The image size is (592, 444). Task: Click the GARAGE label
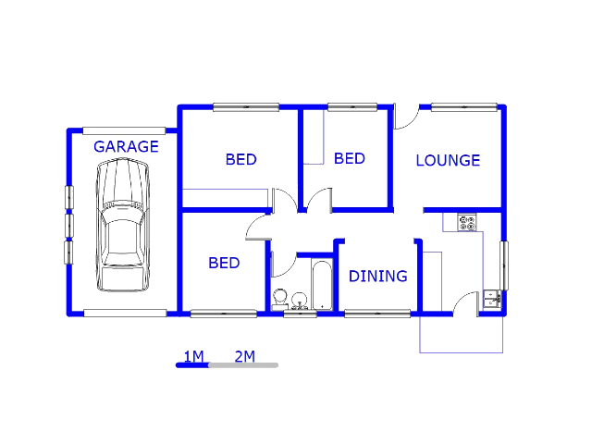[x=126, y=146]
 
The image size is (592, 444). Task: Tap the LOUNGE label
[x=448, y=160]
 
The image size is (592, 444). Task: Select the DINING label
[x=378, y=277]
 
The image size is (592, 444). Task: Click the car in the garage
[x=122, y=225]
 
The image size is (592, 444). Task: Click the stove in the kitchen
[x=467, y=222]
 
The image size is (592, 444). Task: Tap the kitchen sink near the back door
[x=492, y=299]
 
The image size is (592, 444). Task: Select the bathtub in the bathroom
[x=322, y=285]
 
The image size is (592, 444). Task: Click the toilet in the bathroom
[x=279, y=299]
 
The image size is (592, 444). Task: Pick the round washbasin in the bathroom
[x=300, y=301]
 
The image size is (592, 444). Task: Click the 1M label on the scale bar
[x=193, y=356]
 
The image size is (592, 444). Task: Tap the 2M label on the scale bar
[x=245, y=356]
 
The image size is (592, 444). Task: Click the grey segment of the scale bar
[x=243, y=365]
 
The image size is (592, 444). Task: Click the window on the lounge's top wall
[x=464, y=107]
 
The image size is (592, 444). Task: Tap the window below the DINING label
[x=377, y=314]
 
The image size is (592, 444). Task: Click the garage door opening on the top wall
[x=124, y=131]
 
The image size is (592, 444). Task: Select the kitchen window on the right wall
[x=504, y=265]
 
